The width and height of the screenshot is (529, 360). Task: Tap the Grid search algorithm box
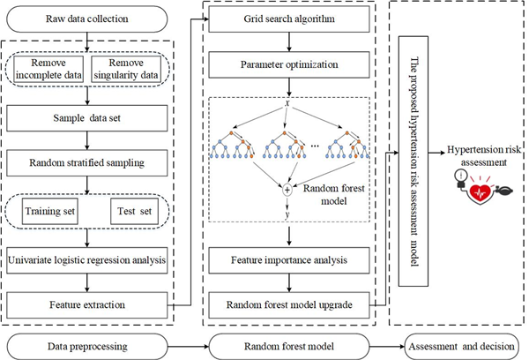point(289,17)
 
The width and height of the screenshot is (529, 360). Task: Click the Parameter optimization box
point(289,64)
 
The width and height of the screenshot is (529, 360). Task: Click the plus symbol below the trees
point(287,188)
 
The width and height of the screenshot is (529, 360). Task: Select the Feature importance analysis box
point(288,262)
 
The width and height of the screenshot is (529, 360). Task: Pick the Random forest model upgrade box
point(288,304)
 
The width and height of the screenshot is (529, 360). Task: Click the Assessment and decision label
point(459,346)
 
